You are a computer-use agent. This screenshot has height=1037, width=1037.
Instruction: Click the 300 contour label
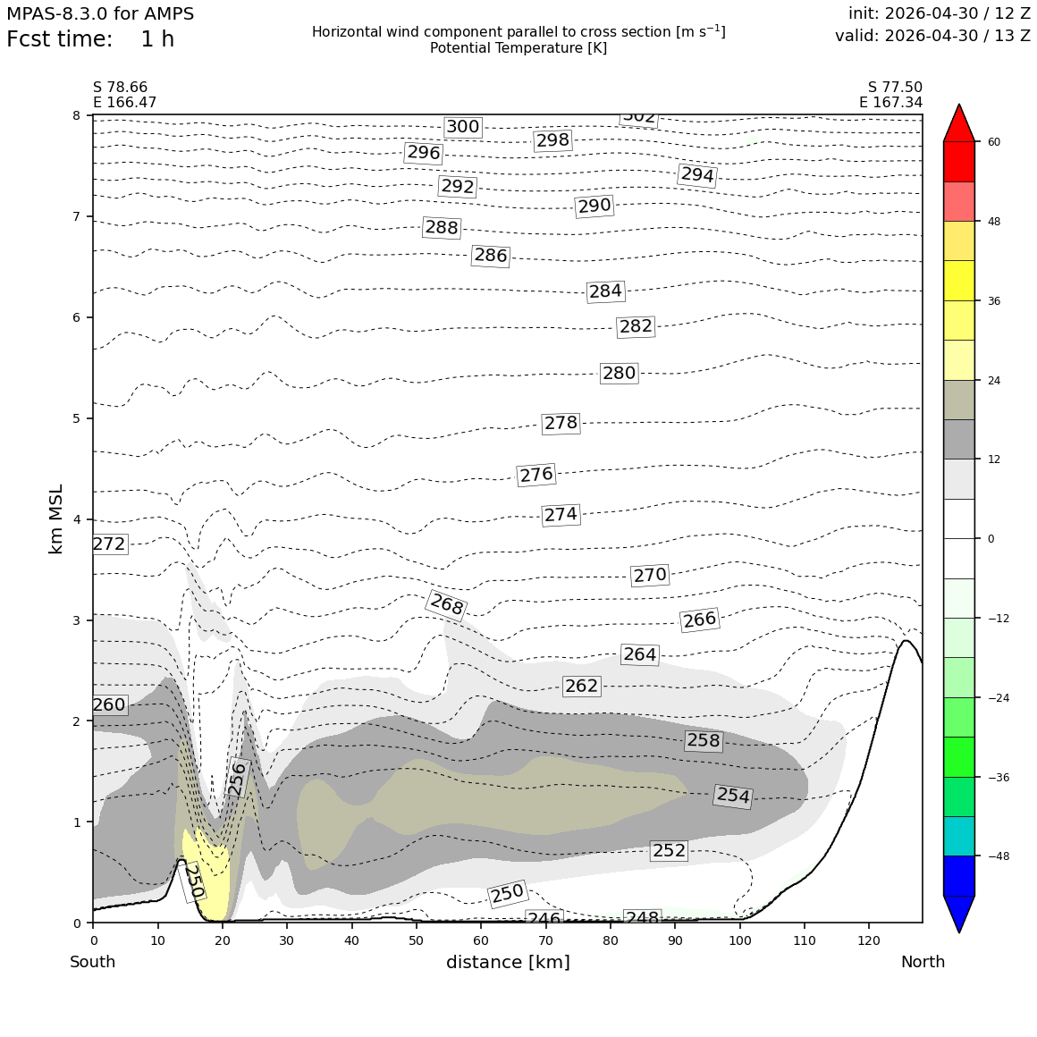point(462,126)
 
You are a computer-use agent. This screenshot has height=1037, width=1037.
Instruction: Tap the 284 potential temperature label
point(605,291)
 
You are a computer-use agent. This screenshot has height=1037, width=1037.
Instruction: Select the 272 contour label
point(109,544)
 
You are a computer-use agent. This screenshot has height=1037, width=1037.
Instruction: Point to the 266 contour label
point(700,620)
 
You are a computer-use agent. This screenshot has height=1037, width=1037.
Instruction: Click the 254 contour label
point(733,794)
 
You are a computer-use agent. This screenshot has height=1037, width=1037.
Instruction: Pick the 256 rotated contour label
point(237,778)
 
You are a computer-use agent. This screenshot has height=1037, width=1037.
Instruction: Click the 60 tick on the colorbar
point(993,141)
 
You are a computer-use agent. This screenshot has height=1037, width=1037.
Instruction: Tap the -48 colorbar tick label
point(998,856)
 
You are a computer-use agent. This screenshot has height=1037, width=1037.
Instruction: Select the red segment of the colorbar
point(959,162)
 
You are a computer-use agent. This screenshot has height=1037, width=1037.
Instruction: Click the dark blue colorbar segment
point(959,875)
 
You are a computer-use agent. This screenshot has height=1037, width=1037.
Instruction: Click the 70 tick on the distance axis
point(545,941)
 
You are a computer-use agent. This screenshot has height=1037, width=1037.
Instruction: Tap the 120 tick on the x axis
point(869,941)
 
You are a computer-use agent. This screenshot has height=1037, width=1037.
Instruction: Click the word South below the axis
point(93,962)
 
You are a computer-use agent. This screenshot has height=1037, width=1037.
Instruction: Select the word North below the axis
point(923,962)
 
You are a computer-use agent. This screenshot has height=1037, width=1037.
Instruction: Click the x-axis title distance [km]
point(508,962)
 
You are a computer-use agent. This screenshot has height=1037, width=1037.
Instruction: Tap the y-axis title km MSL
point(56,519)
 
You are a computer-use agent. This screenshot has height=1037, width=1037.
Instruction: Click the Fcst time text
point(60,39)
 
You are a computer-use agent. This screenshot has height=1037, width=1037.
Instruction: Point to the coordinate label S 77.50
point(895,88)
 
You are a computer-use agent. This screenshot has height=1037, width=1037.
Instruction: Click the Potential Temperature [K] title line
point(518,48)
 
